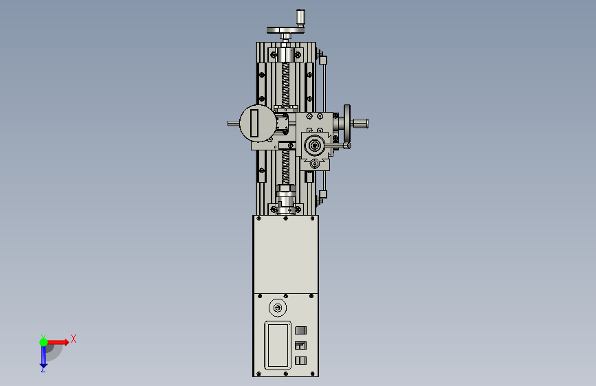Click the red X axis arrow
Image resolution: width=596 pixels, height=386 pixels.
58,342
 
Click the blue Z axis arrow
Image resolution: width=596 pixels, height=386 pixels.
43,358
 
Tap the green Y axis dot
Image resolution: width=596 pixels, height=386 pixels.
43,342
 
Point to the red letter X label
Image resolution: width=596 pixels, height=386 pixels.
74,339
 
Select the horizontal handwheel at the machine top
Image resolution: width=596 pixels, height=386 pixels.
285,30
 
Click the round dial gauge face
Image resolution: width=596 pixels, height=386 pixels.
258,124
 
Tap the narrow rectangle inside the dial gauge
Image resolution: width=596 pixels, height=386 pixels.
254,123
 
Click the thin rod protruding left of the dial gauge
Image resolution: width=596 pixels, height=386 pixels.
234,124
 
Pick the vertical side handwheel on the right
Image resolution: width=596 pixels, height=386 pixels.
347,123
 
